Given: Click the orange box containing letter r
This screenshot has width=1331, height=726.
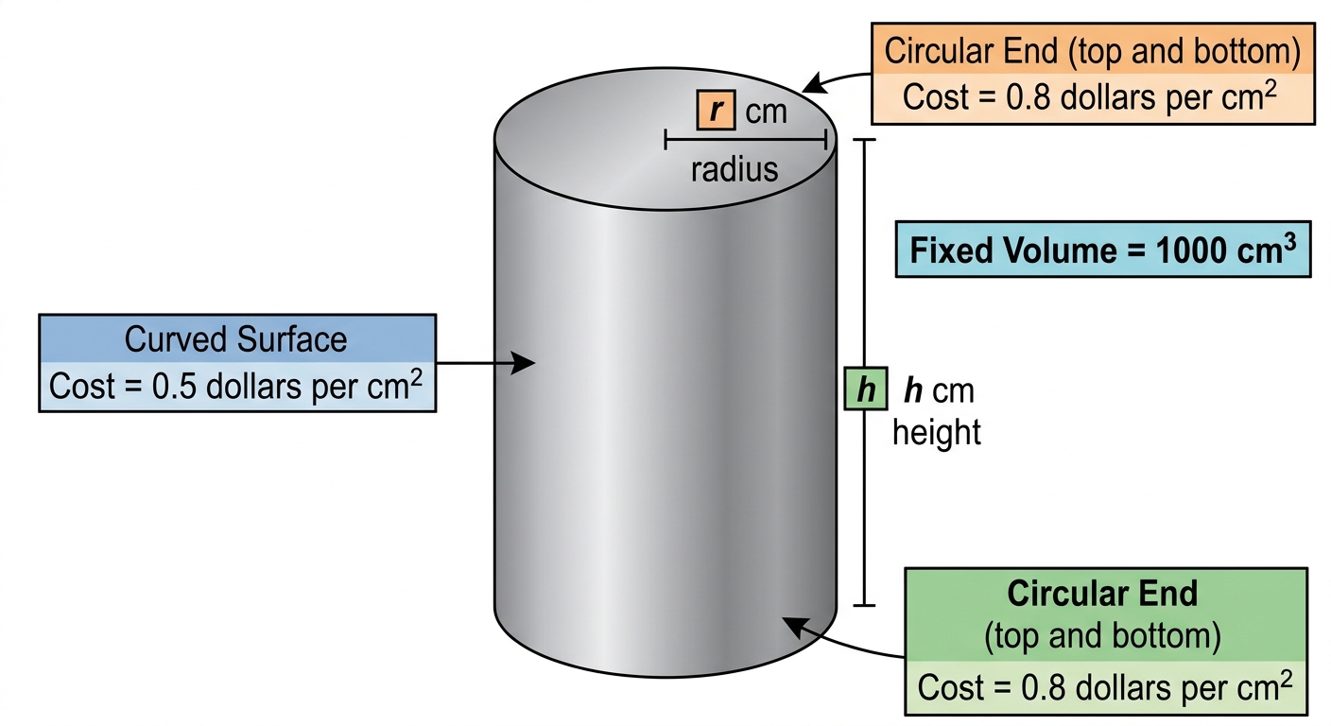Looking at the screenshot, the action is [x=716, y=110].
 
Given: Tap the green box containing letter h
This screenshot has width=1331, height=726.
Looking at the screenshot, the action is [x=866, y=389].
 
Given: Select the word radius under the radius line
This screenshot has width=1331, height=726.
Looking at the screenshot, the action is [x=735, y=170].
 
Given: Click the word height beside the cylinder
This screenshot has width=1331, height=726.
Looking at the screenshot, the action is [x=937, y=432].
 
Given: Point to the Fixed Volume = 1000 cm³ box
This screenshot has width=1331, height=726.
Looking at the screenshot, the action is [x=1103, y=250].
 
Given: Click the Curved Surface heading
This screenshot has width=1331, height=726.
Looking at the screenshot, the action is [x=235, y=339].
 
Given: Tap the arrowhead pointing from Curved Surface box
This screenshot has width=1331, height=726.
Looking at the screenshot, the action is [x=523, y=363].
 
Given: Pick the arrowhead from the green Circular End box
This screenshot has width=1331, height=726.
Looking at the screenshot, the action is [x=794, y=626].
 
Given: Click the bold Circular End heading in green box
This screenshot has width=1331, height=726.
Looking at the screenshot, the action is [x=1102, y=593].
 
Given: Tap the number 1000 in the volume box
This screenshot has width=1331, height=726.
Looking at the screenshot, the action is [x=1191, y=251].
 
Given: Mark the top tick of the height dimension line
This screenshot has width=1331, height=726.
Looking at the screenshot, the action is [x=864, y=140].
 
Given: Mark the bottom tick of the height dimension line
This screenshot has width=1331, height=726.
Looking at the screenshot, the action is [x=864, y=605].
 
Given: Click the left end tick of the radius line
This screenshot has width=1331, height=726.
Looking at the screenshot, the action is [x=666, y=140].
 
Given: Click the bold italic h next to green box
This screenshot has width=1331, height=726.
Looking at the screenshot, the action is [x=913, y=391].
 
